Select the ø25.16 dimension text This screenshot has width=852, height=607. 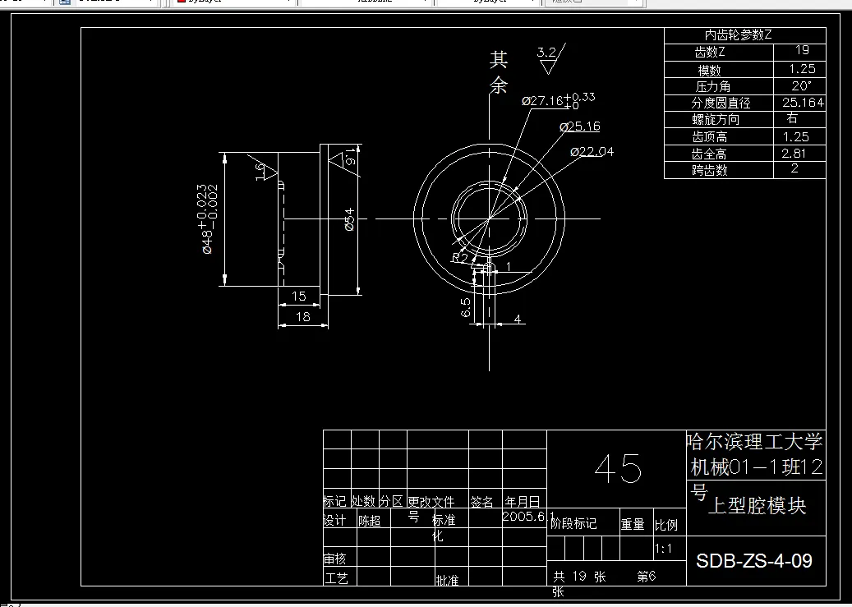580,126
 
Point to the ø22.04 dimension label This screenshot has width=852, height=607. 592,151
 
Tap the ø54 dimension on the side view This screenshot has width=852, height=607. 348,219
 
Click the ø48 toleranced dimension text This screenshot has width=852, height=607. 203,219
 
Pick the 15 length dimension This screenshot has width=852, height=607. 298,296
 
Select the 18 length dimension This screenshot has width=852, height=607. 302,316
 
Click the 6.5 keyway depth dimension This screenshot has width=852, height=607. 466,308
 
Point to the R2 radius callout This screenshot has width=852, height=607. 459,258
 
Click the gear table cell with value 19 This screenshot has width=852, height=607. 801,51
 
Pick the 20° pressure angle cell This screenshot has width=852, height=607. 801,85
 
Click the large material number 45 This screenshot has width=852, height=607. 618,469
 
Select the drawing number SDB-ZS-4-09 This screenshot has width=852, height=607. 754,561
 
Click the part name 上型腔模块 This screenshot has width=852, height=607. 757,506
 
